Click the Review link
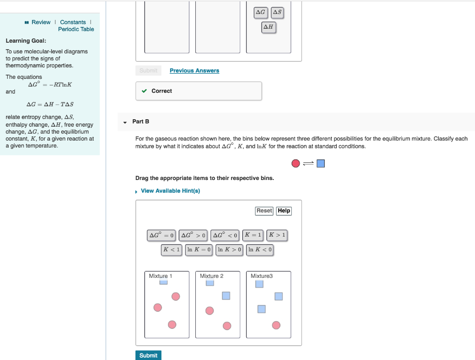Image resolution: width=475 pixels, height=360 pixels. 41,22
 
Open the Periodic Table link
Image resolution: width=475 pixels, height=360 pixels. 76,29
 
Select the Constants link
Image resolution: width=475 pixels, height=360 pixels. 73,22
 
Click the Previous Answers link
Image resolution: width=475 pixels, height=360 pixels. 194,71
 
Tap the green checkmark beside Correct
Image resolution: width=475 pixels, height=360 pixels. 145,91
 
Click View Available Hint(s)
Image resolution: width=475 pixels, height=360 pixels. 170,191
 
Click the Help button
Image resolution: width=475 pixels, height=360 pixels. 284,211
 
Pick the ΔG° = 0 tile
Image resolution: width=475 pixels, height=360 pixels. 161,235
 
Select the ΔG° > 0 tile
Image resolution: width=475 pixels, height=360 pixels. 193,235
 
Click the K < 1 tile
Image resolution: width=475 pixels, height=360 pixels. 171,250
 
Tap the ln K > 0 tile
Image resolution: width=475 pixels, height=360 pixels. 230,250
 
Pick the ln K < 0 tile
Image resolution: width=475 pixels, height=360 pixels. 260,250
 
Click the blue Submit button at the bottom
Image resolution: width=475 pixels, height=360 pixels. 148,355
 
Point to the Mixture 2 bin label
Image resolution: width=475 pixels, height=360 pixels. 212,276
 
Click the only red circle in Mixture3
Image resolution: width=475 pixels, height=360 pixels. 276,325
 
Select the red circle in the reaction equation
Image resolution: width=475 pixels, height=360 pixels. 295,163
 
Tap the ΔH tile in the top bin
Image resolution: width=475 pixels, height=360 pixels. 269,27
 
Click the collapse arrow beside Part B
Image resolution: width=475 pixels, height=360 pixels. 125,122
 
